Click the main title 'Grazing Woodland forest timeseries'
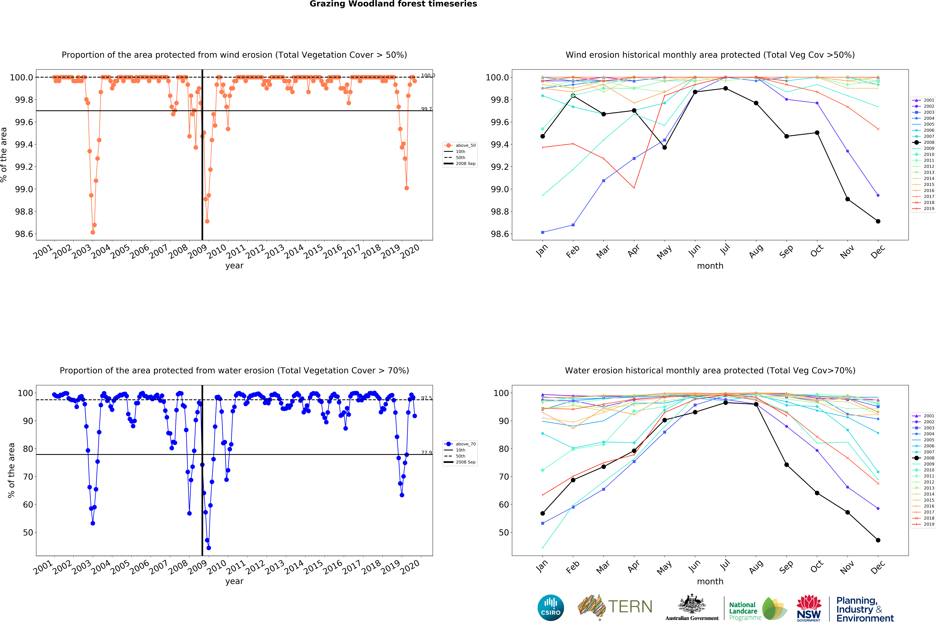pos(393,4)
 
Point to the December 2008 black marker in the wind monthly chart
pos(878,221)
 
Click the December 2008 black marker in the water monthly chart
pos(878,540)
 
